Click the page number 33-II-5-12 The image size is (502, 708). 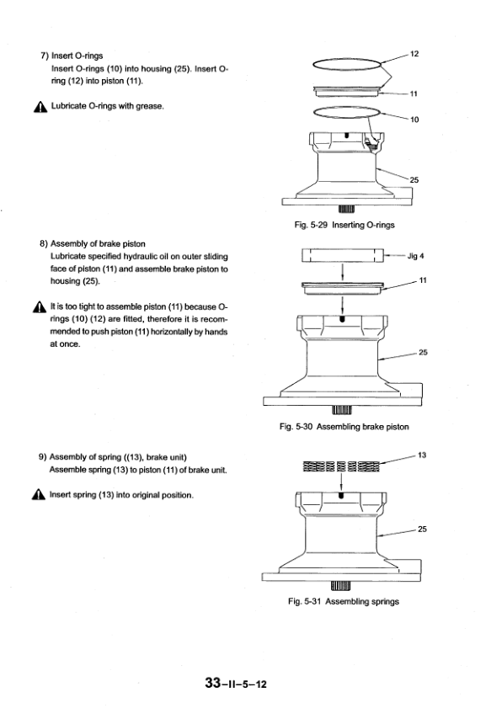[x=235, y=684]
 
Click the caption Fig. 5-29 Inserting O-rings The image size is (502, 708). [x=344, y=225]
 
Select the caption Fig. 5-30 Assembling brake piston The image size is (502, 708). [x=344, y=427]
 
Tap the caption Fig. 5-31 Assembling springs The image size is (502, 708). [x=344, y=601]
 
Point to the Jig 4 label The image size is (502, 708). [x=416, y=256]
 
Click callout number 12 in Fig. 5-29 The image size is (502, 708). [x=414, y=54]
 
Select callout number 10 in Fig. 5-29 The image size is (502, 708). [x=414, y=120]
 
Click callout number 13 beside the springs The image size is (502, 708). [x=422, y=455]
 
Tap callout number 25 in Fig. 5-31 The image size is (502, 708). [x=422, y=530]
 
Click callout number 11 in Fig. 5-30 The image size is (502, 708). [x=423, y=280]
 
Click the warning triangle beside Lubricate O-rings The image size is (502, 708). [x=40, y=108]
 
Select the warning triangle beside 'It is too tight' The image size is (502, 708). [x=40, y=307]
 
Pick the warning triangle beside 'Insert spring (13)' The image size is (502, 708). [x=39, y=495]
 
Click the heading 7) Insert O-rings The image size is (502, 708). [x=72, y=56]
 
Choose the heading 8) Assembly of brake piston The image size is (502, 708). [x=93, y=244]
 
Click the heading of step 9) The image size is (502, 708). [x=113, y=457]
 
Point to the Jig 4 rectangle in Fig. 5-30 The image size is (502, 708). [x=343, y=255]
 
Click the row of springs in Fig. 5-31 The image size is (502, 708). [x=341, y=466]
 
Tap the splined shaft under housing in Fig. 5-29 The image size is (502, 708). [x=346, y=209]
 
